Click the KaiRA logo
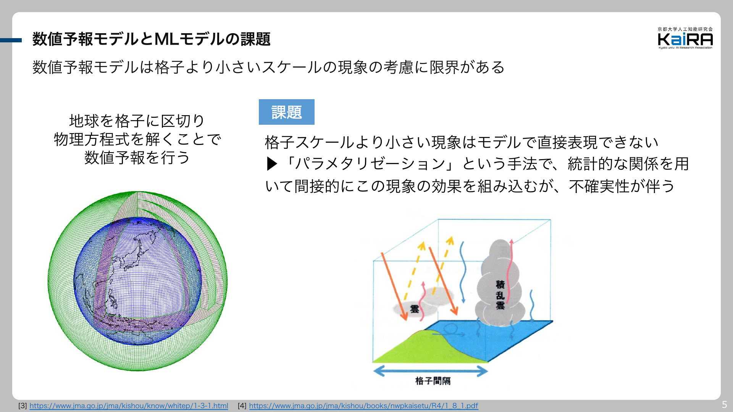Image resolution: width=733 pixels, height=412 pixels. [685, 38]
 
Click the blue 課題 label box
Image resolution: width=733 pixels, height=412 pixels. [287, 112]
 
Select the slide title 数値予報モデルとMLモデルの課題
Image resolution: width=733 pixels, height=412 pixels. [152, 39]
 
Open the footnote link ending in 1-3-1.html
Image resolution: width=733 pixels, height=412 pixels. [129, 406]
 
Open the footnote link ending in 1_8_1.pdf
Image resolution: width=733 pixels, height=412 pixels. [363, 406]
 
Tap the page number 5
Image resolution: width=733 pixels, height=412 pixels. [724, 405]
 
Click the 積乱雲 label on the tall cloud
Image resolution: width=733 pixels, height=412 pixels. [500, 295]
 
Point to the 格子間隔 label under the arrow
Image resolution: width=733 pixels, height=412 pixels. [433, 381]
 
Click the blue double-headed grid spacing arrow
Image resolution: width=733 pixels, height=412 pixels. [430, 370]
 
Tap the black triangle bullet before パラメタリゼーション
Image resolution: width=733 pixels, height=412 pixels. [271, 164]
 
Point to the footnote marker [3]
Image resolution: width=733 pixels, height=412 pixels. [22, 406]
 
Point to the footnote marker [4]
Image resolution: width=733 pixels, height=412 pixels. [242, 406]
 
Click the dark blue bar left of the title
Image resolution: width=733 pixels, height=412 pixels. [11, 40]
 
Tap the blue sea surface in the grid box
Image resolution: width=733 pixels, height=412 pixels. [496, 338]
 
